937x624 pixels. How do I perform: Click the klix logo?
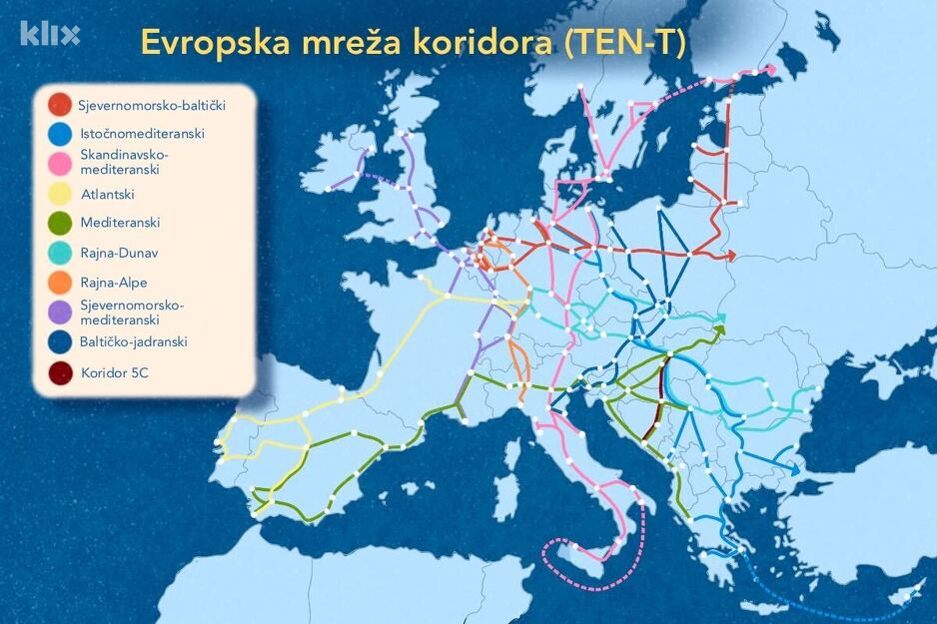[50, 34]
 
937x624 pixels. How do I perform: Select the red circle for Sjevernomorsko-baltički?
[59, 103]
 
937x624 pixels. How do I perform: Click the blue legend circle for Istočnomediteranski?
[59, 133]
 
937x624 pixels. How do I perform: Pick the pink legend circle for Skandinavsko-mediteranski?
[59, 162]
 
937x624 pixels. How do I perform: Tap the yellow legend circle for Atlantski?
[59, 194]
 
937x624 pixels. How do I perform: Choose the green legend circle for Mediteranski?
[59, 223]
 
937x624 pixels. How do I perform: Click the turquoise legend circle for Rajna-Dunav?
[59, 254]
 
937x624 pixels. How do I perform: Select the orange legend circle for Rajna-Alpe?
[59, 283]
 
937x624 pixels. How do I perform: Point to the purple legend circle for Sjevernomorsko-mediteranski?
[59, 312]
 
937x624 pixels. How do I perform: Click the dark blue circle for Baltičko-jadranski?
[59, 341]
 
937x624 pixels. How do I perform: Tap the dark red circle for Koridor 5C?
[59, 373]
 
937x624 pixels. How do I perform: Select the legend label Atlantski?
[107, 195]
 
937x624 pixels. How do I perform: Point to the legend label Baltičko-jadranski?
[134, 341]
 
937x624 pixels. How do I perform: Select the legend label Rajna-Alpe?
[114, 283]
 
